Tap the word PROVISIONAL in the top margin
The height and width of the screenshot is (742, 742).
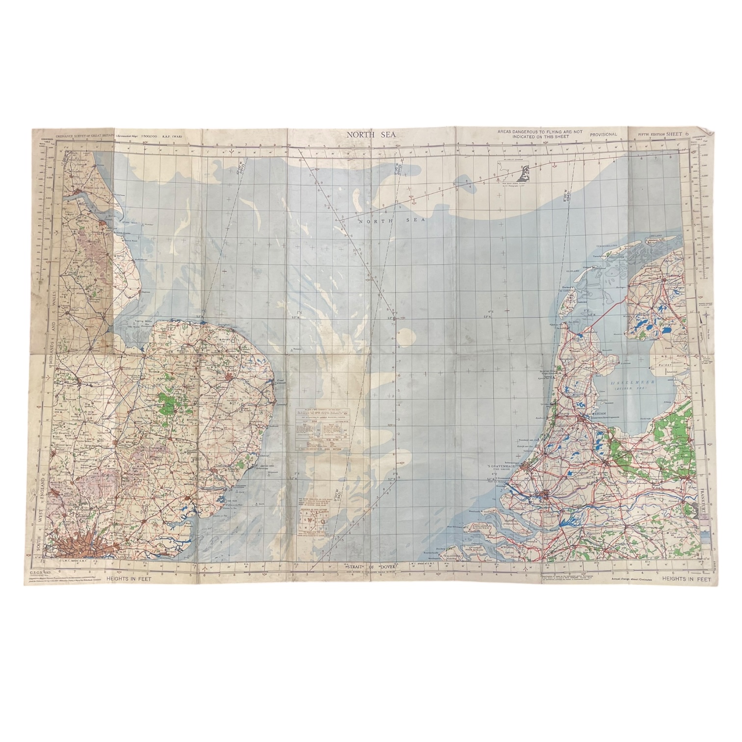pos(604,133)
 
